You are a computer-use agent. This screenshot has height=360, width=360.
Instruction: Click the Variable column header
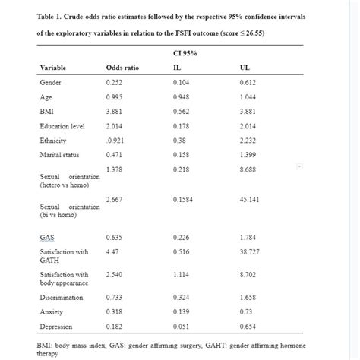pyautogui.click(x=52, y=68)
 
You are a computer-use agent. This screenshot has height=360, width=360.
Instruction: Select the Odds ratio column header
pyautogui.click(x=122, y=68)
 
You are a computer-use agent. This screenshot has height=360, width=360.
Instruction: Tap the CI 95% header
pyautogui.click(x=185, y=52)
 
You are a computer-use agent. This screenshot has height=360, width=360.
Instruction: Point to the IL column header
pyautogui.click(x=177, y=68)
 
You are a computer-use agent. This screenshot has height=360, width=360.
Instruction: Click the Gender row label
pyautogui.click(x=51, y=82)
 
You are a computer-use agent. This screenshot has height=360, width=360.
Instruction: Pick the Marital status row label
pyautogui.click(x=60, y=154)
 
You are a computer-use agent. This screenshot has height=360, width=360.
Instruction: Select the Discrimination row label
pyautogui.click(x=62, y=297)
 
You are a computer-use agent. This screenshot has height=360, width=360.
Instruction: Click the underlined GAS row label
pyautogui.click(x=47, y=238)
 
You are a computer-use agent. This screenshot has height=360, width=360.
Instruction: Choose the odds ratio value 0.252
pyautogui.click(x=115, y=82)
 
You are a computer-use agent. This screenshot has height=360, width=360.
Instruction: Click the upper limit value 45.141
pyautogui.click(x=250, y=199)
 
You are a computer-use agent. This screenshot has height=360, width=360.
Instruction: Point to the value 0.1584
pyautogui.click(x=183, y=199)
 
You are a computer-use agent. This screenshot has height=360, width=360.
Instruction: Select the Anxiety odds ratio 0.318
pyautogui.click(x=115, y=311)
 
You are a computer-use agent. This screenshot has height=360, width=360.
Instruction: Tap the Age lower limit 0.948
pyautogui.click(x=182, y=96)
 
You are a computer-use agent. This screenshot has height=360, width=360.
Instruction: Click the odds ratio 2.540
pyautogui.click(x=115, y=273)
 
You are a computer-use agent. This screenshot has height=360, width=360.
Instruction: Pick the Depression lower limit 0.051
pyautogui.click(x=182, y=326)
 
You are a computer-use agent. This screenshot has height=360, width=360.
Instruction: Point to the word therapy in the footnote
pyautogui.click(x=49, y=353)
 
